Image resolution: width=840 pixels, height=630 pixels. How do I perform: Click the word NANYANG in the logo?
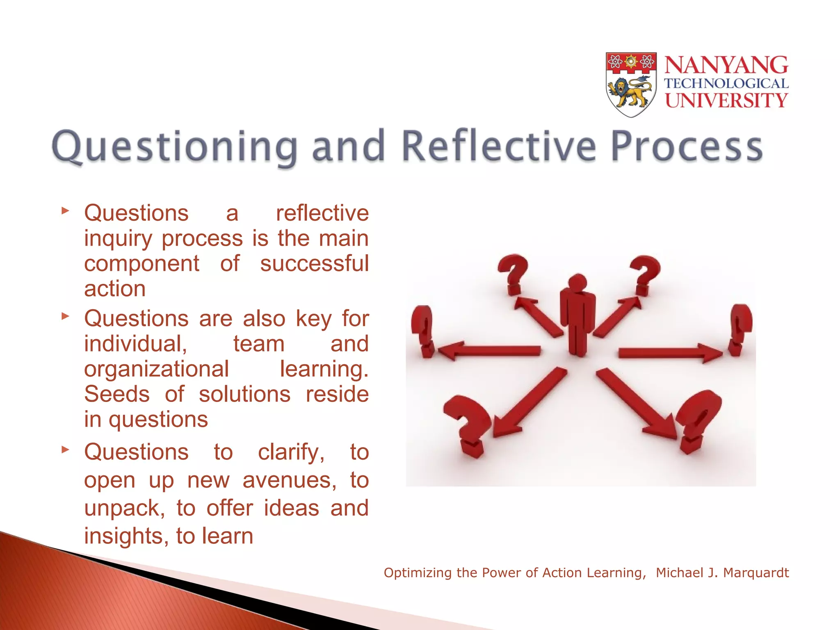click(726, 65)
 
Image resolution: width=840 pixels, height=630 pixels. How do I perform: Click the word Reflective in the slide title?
click(498, 147)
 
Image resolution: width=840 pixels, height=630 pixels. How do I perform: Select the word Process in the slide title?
click(687, 147)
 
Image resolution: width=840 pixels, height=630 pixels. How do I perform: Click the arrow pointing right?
click(669, 353)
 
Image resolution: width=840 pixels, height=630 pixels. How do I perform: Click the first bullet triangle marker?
click(65, 211)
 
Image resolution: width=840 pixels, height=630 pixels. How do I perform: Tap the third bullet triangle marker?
click(65, 450)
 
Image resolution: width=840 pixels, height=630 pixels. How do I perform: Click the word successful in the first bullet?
click(314, 263)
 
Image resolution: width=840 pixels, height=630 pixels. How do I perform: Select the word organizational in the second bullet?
click(156, 369)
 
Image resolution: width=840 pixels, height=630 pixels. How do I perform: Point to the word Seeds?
click(117, 394)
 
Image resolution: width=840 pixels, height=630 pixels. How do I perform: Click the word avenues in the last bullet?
click(289, 480)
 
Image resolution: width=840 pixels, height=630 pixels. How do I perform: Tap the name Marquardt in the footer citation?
click(756, 573)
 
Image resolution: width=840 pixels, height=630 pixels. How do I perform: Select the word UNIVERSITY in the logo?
click(726, 100)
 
